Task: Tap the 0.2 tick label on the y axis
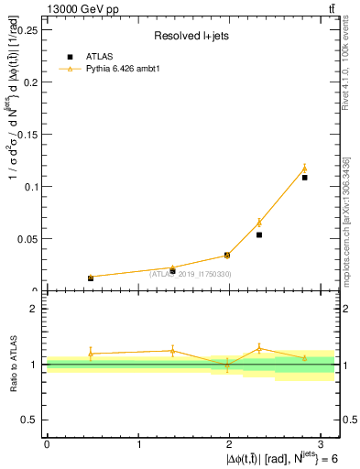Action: [30, 82]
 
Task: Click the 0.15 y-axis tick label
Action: [27, 134]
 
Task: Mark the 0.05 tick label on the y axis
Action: [27, 239]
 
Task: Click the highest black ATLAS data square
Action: [305, 177]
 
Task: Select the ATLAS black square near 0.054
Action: [259, 234]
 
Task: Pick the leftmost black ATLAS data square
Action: [91, 278]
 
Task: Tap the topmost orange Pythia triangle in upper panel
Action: [305, 169]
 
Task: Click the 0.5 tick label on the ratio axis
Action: [30, 420]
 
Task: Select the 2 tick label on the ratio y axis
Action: [35, 309]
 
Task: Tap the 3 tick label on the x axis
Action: [324, 444]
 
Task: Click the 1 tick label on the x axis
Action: [139, 444]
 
